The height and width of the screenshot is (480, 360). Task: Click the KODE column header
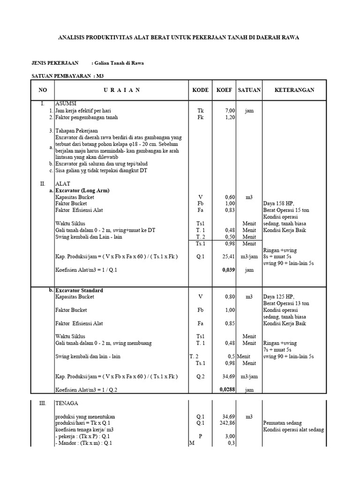tap(200, 90)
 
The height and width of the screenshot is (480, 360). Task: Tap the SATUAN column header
tap(249, 90)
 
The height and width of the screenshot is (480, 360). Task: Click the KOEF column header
tap(224, 90)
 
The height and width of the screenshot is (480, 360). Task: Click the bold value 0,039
tap(228, 270)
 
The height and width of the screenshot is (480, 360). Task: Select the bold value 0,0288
tap(227, 389)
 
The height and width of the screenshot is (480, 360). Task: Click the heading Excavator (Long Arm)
tap(82, 191)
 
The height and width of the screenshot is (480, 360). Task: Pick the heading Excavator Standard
tap(79, 290)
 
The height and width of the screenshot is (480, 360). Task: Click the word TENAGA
tap(67, 403)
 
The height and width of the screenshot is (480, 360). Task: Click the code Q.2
tap(200, 376)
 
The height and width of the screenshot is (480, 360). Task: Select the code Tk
tap(200, 111)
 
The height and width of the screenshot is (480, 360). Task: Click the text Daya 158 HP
tap(279, 204)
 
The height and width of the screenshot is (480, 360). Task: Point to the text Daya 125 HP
tap(279, 297)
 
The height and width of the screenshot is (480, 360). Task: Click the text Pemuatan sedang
tap(283, 423)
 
